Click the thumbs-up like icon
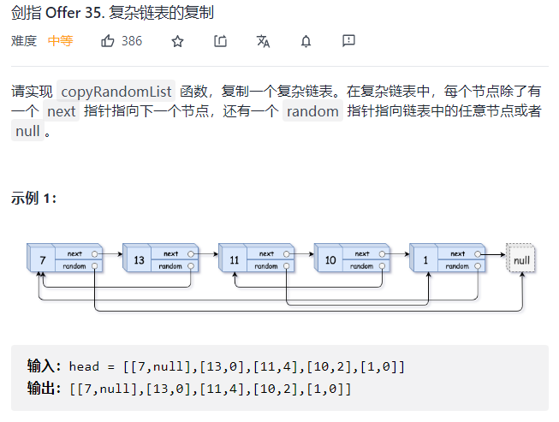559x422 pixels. [x=108, y=40]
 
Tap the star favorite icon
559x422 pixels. [x=177, y=40]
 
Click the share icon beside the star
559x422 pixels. [x=220, y=40]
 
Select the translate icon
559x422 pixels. [x=263, y=40]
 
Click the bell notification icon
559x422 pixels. [x=306, y=40]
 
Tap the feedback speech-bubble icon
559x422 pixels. [x=348, y=40]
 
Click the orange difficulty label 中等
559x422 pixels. [x=60, y=40]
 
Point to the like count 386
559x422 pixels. [x=132, y=40]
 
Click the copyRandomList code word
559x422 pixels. [x=116, y=90]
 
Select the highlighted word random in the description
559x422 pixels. [x=312, y=111]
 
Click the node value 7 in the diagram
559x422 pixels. [x=41, y=259]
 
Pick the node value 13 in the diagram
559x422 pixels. [x=137, y=259]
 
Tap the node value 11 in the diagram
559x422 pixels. [x=233, y=259]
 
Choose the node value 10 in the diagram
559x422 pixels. [x=329, y=259]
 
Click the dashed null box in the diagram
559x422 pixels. [x=521, y=259]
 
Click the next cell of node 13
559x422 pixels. [x=171, y=253]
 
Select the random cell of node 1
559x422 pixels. [x=457, y=266]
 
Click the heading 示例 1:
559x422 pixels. [x=34, y=199]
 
